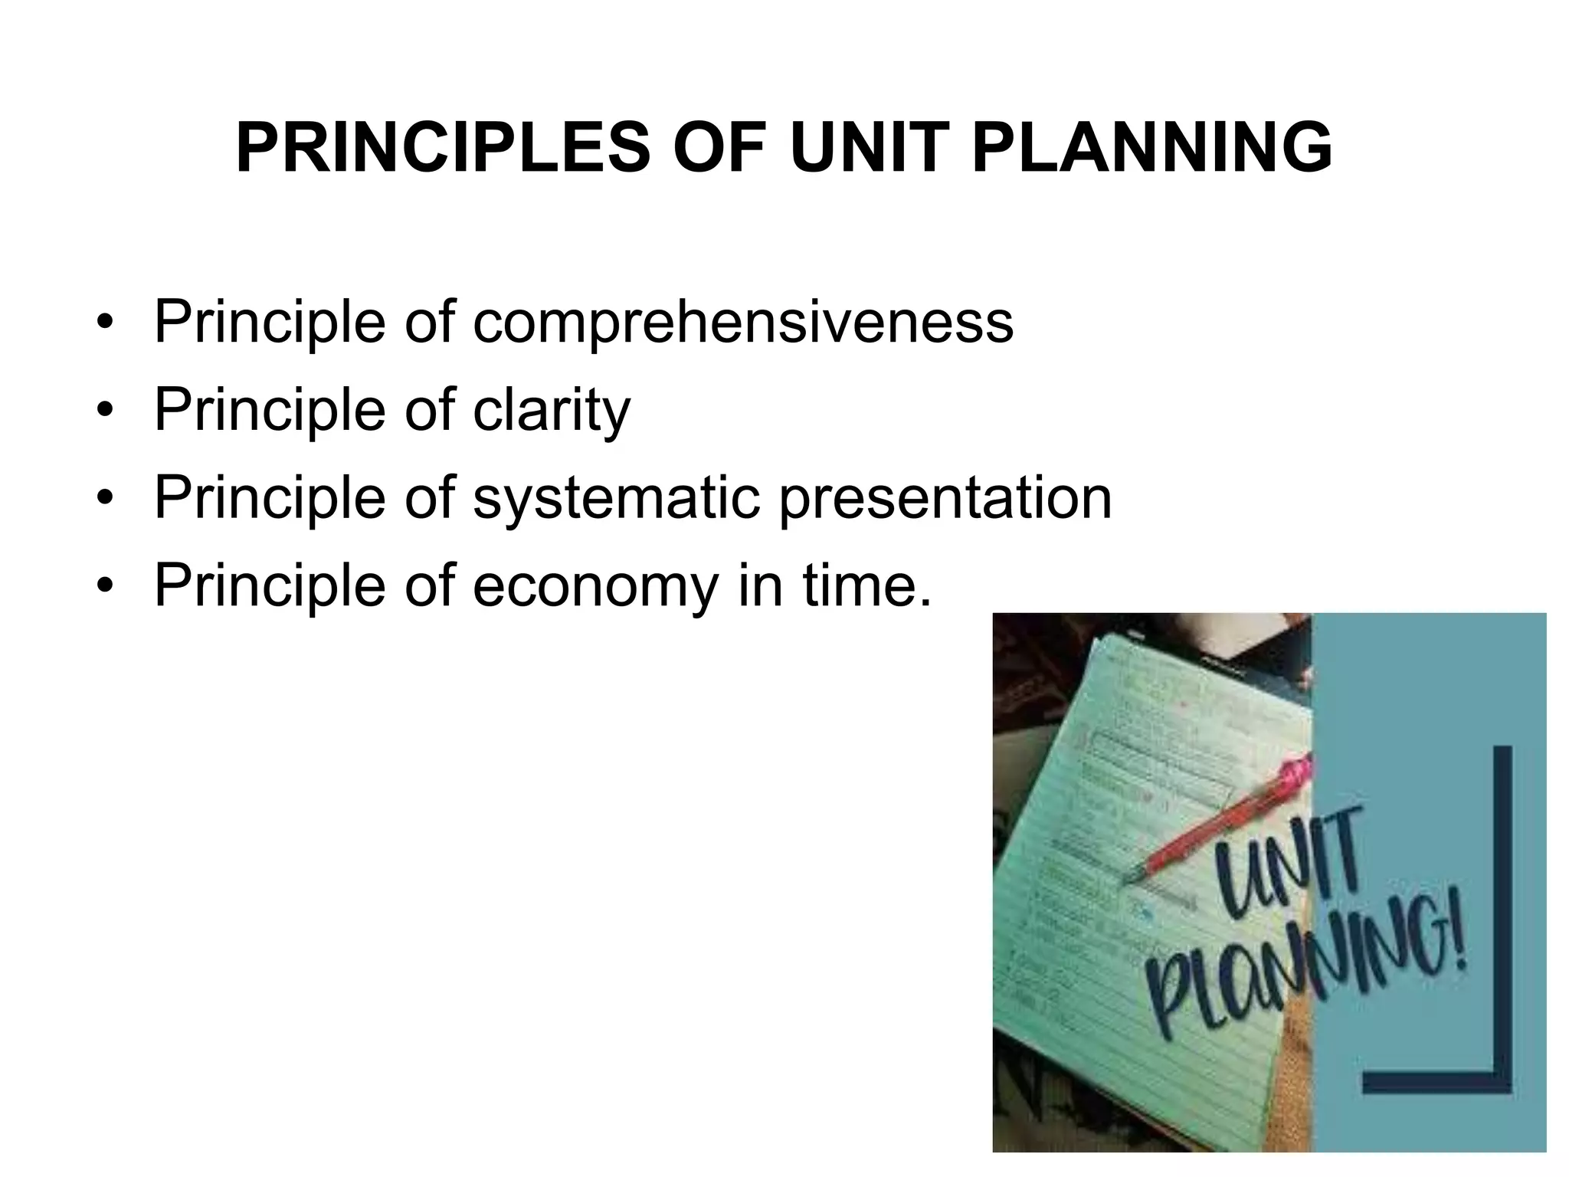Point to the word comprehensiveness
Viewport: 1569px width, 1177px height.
point(743,323)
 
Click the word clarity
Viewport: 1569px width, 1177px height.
point(552,411)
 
